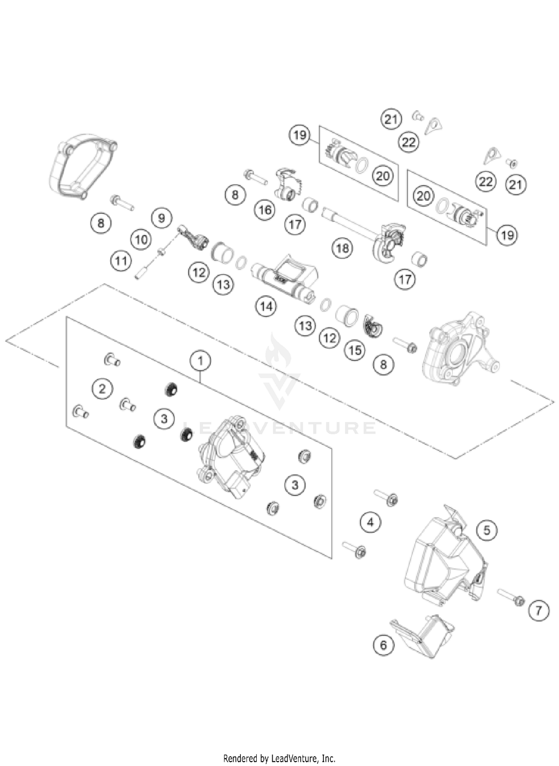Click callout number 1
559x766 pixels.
click(200, 361)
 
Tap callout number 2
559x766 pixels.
click(102, 389)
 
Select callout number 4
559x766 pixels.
click(370, 522)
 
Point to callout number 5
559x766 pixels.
click(487, 530)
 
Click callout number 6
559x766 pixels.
click(383, 645)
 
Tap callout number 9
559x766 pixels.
click(161, 218)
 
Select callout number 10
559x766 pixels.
click(141, 240)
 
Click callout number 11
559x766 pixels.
click(121, 261)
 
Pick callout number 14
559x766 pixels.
click(266, 307)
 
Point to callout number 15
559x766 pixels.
click(355, 350)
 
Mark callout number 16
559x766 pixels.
click(265, 210)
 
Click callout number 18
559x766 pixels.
click(342, 248)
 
